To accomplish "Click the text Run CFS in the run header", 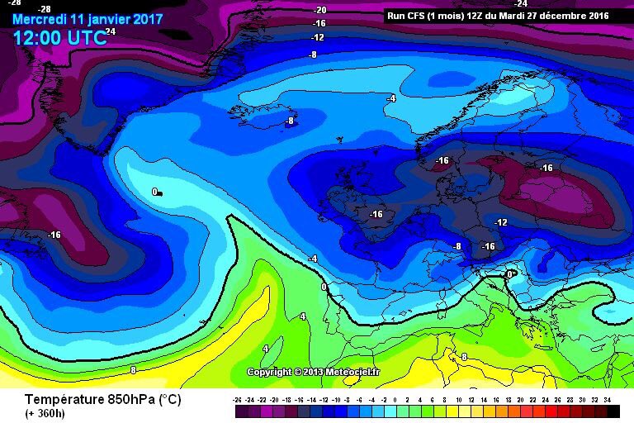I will point(405,15).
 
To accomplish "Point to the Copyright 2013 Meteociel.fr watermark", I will point(314,372).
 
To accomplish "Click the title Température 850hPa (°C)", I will point(102,398).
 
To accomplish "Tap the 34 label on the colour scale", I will point(607,399).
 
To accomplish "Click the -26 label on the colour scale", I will point(238,399).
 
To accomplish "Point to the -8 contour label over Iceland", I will point(289,121).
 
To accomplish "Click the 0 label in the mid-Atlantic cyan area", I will point(155,192).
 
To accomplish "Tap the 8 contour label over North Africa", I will point(464,357).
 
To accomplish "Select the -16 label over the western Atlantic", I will point(54,235).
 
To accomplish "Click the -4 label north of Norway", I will point(391,98).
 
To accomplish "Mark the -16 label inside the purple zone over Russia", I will point(546,168).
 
